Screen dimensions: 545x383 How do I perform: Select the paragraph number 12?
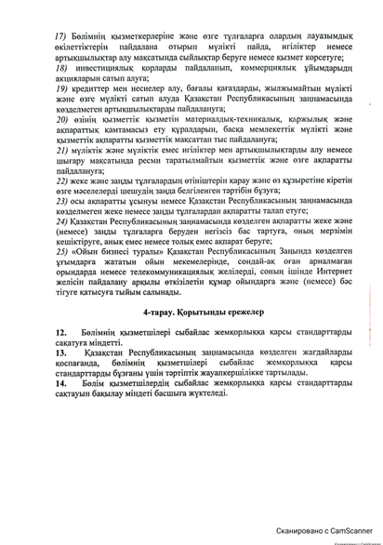[x=61, y=371]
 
